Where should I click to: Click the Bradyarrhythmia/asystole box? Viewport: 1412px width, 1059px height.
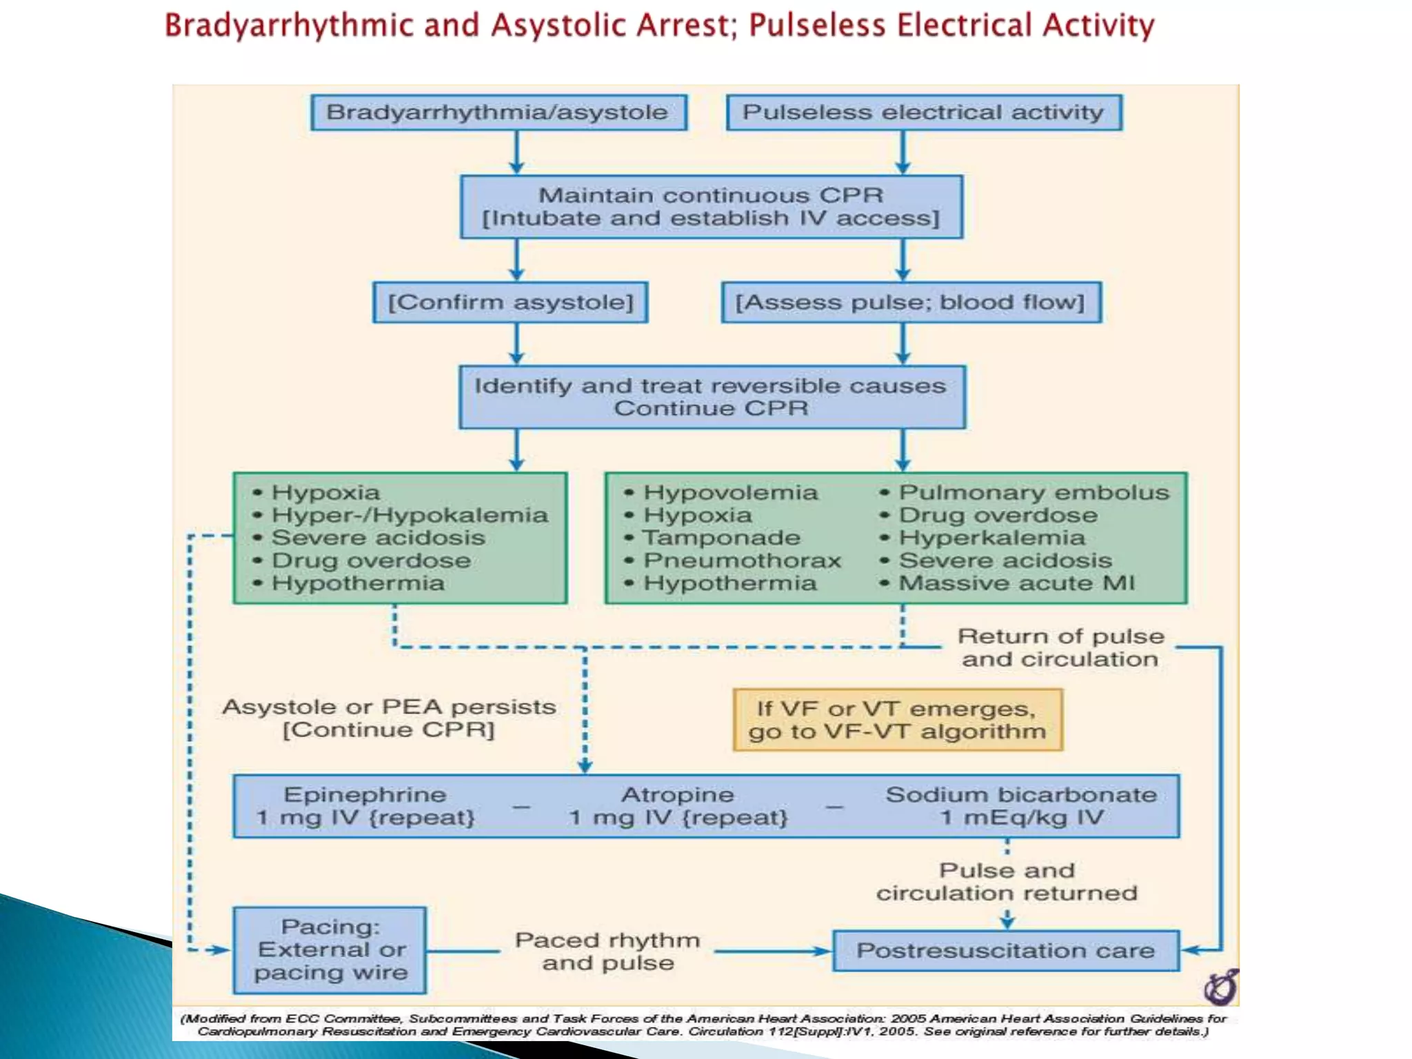pos(498,112)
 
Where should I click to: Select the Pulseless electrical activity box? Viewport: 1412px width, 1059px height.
pos(924,112)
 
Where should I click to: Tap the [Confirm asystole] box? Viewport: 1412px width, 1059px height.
pos(510,302)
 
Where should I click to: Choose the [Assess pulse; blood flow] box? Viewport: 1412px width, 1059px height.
pos(911,302)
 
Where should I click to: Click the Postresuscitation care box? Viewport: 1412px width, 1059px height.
pos(1005,951)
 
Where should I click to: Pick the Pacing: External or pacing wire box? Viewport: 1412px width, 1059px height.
pos(330,949)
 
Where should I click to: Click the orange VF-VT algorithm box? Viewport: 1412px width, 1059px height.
pos(898,720)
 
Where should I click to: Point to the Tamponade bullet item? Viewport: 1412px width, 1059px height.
pos(721,538)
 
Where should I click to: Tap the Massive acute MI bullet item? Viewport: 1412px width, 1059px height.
pos(1016,583)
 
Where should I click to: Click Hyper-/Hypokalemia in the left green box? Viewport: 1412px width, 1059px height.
pos(410,515)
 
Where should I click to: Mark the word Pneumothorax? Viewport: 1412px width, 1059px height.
pos(742,561)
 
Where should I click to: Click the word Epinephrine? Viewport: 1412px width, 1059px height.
pos(365,795)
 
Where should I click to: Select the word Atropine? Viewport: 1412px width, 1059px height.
pos(678,795)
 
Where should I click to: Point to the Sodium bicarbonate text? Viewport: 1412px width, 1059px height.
pos(1021,795)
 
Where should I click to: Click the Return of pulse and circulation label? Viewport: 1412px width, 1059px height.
pos(1060,647)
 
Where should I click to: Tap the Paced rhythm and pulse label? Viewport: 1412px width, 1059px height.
pos(607,951)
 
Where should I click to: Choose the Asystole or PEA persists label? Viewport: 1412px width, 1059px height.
pos(389,707)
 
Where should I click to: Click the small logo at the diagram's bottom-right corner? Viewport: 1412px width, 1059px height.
pos(1221,987)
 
